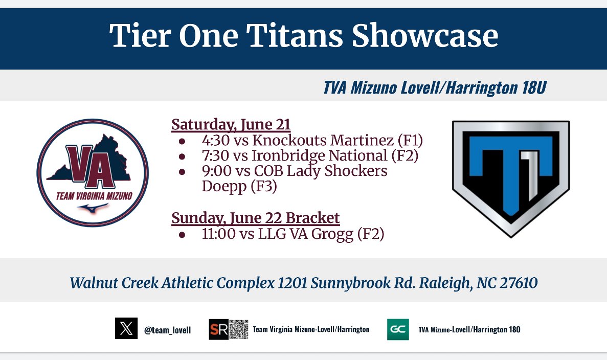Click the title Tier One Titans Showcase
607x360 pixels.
pyautogui.click(x=303, y=36)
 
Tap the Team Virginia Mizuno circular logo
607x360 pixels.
pyautogui.click(x=93, y=173)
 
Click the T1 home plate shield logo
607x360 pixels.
pyautogui.click(x=511, y=178)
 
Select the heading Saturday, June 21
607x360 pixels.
pyautogui.click(x=231, y=124)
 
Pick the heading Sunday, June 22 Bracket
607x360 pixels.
pyautogui.click(x=255, y=218)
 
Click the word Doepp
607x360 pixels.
pyautogui.click(x=223, y=187)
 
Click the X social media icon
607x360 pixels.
pyautogui.click(x=126, y=329)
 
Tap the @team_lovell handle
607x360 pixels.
pyautogui.click(x=167, y=330)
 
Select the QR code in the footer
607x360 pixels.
pyautogui.click(x=238, y=329)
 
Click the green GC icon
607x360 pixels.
pyautogui.click(x=398, y=329)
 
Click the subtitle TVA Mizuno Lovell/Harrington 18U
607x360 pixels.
pyautogui.click(x=435, y=88)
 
